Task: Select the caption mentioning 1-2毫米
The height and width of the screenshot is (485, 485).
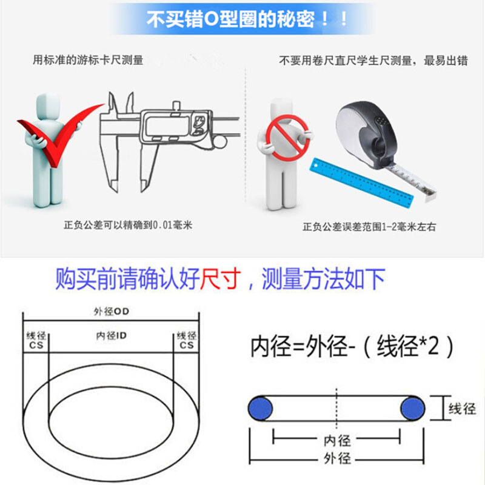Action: (x=369, y=227)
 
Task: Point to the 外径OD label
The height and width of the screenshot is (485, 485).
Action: (x=112, y=311)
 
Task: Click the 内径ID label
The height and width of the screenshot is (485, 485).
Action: (x=111, y=335)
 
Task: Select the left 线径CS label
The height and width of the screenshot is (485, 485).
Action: (x=35, y=340)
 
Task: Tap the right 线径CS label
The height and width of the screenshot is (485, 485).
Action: (x=186, y=340)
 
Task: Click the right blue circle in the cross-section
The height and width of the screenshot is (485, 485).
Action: (x=413, y=406)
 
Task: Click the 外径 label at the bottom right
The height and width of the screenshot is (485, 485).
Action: (x=336, y=458)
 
